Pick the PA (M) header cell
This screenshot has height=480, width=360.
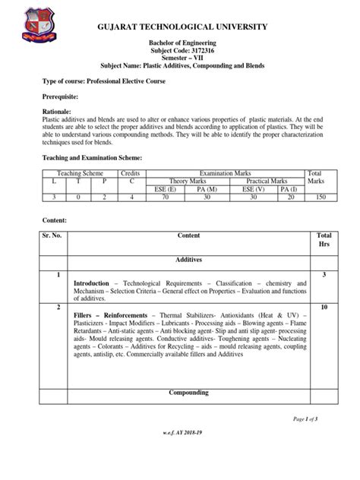click(223, 190)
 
